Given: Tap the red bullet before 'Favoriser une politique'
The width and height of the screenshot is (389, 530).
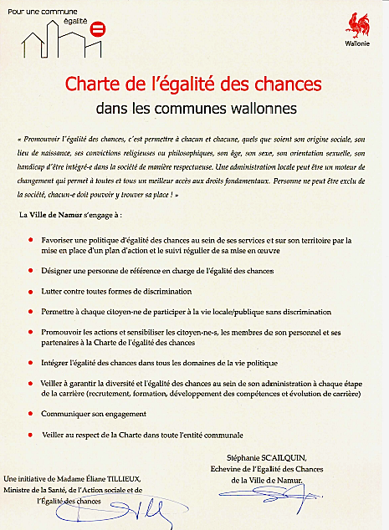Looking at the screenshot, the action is [31, 240].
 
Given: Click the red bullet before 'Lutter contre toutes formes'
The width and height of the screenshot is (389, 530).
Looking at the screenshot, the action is [31, 292].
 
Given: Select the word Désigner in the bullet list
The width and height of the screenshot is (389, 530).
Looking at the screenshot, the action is [59, 272].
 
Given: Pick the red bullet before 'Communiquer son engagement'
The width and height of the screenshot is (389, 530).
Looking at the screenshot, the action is [31, 414].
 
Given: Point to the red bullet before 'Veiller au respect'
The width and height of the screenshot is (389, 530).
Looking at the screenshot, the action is [31, 436].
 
